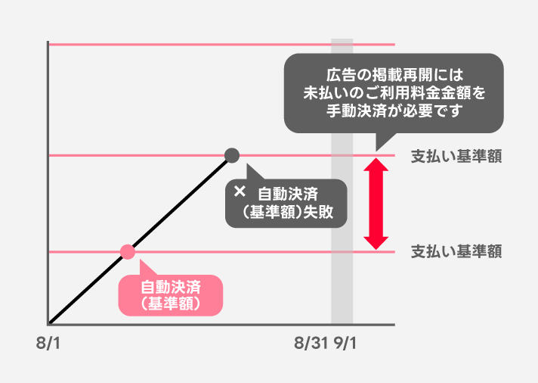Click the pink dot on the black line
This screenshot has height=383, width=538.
click(x=127, y=251)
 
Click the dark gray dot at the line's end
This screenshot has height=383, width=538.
click(x=232, y=156)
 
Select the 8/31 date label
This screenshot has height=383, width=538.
click(x=311, y=344)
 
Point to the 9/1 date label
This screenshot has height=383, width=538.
click(x=345, y=344)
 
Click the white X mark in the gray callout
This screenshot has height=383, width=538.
click(x=240, y=191)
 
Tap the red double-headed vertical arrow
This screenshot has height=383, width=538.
click(x=376, y=204)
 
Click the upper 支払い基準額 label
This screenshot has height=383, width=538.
click(x=456, y=157)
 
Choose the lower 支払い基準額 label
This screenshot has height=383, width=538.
click(x=456, y=251)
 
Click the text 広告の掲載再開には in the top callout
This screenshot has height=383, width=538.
click(x=394, y=76)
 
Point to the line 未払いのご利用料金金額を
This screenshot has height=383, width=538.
click(x=394, y=92)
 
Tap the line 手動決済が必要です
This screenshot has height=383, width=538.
click(x=394, y=110)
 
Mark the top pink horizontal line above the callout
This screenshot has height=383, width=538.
click(x=189, y=45)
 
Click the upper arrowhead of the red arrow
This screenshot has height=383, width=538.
click(x=376, y=165)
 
